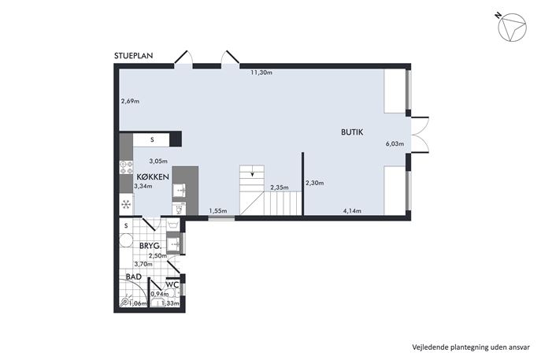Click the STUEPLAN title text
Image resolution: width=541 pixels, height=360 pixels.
pyautogui.click(x=134, y=56)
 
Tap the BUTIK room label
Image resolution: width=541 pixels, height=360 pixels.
pyautogui.click(x=352, y=132)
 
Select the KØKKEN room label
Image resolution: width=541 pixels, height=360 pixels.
pyautogui.click(x=153, y=177)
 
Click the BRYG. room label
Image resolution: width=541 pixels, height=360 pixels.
pyautogui.click(x=150, y=246)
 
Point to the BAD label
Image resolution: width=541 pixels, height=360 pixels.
pyautogui.click(x=134, y=276)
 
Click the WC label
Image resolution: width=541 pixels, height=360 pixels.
pyautogui.click(x=172, y=284)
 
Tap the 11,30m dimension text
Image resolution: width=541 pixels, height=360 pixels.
pyautogui.click(x=261, y=72)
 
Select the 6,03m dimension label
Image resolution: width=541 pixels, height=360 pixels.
pyautogui.click(x=395, y=144)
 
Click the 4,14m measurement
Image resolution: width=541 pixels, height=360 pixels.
pyautogui.click(x=352, y=211)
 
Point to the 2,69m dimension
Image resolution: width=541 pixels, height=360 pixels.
pyautogui.click(x=130, y=102)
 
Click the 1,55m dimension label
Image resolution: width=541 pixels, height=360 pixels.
pyautogui.click(x=217, y=211)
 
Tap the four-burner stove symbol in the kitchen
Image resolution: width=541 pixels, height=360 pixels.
pyautogui.click(x=126, y=168)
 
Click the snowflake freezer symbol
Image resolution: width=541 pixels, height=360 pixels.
pyautogui.click(x=126, y=204)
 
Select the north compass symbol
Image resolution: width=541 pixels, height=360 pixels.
pyautogui.click(x=513, y=28)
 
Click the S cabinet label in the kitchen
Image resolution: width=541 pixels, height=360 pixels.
pyautogui.click(x=152, y=139)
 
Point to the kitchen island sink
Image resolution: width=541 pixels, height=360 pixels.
pyautogui.click(x=180, y=190)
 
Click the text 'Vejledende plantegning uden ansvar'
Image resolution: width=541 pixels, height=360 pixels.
pyautogui.click(x=471, y=347)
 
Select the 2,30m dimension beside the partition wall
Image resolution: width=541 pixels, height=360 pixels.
pyautogui.click(x=314, y=183)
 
